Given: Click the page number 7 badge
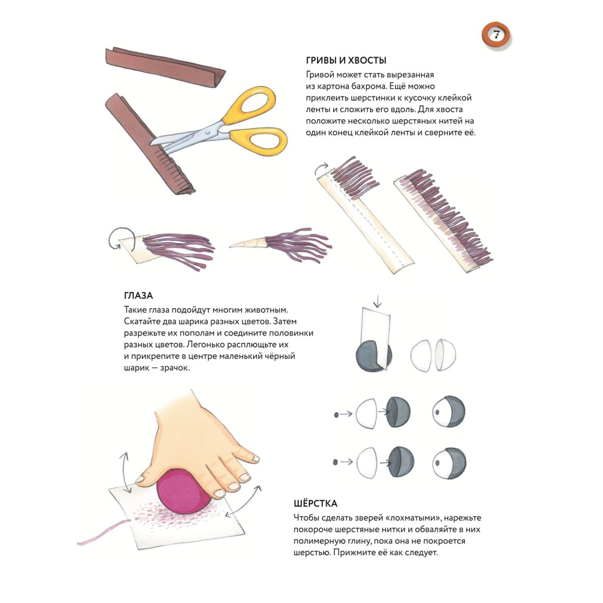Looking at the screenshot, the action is (496, 36).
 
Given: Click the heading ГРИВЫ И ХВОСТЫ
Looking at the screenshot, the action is (346, 61).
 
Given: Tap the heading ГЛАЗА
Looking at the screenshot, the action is (138, 296).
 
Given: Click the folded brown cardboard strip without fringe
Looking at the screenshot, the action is (165, 66).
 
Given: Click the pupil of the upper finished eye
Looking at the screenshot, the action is (437, 412).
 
